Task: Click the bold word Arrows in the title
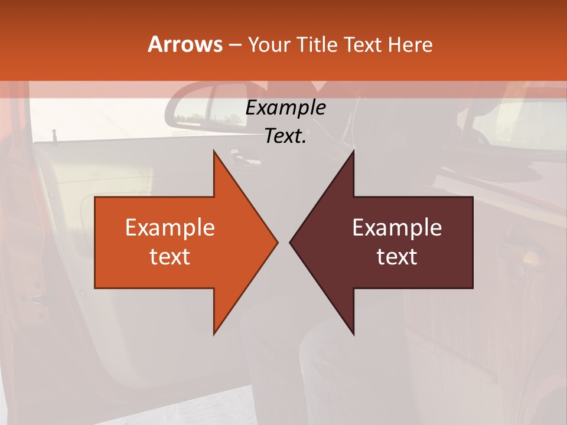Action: click(x=185, y=44)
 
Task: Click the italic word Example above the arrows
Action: click(x=285, y=108)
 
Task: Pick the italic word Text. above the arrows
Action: click(x=285, y=136)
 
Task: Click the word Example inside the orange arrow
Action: click(x=170, y=228)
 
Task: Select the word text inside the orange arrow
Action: click(x=170, y=256)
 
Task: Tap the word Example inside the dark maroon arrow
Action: click(x=397, y=228)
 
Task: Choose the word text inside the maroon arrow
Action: click(x=397, y=256)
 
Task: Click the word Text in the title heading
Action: click(x=364, y=44)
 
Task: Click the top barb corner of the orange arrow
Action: click(x=214, y=152)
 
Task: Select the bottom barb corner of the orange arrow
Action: click(x=214, y=333)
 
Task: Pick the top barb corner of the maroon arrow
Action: click(x=353, y=152)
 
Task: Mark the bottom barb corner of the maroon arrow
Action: click(x=353, y=333)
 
